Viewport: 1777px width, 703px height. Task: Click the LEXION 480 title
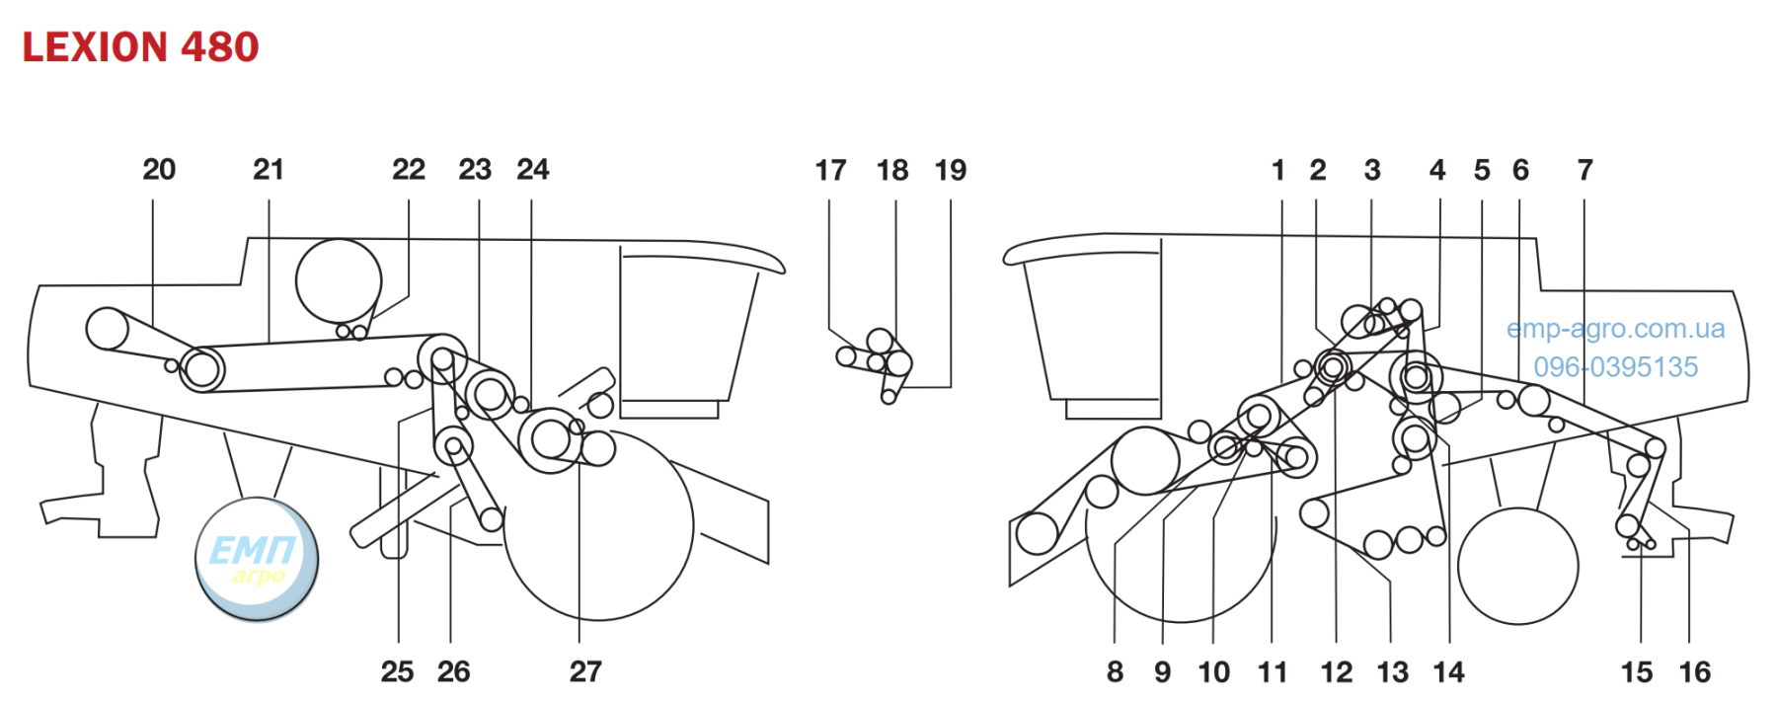[x=140, y=46]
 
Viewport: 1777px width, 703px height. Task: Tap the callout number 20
[x=159, y=170]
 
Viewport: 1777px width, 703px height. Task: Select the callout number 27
[x=585, y=671]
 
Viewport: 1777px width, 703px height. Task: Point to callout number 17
[x=830, y=171]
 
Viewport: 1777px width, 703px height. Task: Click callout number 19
[x=951, y=171]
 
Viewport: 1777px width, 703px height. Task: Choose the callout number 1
[x=1278, y=171]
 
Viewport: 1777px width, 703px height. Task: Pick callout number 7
[x=1585, y=171]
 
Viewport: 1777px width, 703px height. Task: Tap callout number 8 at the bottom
[x=1115, y=672]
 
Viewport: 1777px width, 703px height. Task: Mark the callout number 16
[x=1695, y=672]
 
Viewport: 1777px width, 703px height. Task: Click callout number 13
[x=1393, y=672]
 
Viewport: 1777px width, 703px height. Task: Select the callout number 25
[x=397, y=671]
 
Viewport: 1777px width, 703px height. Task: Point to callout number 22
[x=409, y=170]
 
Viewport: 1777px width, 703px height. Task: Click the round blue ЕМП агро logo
[x=257, y=559]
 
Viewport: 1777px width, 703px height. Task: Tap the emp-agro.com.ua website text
[x=1616, y=329]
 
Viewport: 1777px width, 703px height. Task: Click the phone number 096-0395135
[x=1616, y=367]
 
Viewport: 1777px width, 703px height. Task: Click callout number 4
[x=1437, y=171]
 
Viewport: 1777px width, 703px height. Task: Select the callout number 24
[x=533, y=170]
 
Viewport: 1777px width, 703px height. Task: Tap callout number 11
[x=1273, y=672]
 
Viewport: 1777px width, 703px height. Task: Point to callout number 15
[x=1637, y=672]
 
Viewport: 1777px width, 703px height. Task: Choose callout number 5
[x=1482, y=171]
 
